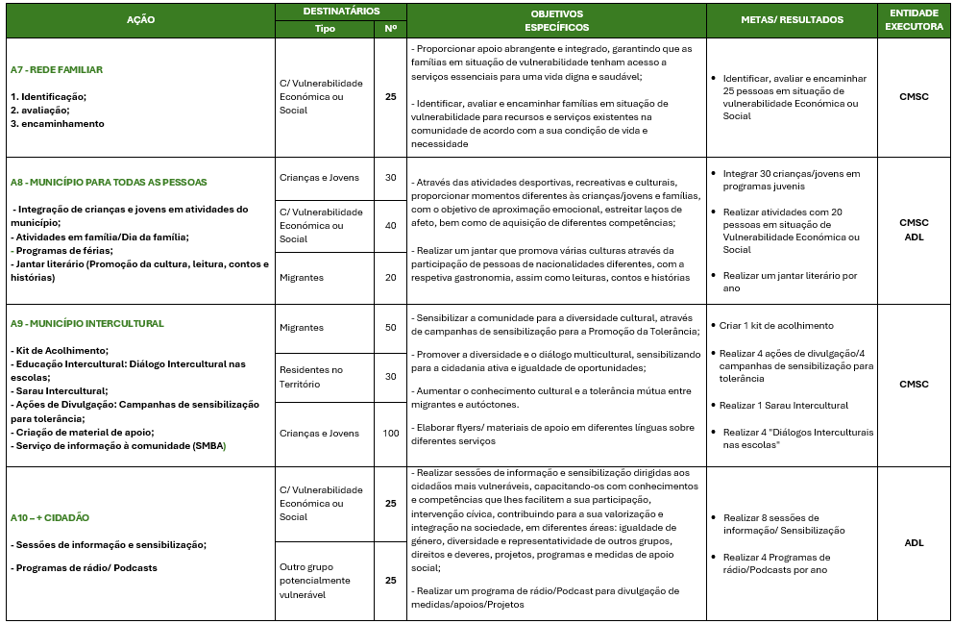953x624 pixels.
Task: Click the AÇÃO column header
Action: click(x=140, y=19)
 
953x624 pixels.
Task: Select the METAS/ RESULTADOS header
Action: click(x=792, y=19)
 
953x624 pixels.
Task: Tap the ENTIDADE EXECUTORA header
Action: click(x=914, y=19)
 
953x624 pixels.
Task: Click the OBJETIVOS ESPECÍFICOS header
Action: click(x=557, y=19)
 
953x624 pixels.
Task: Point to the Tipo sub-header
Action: click(x=325, y=28)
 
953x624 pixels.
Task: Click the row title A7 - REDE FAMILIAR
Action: click(x=57, y=70)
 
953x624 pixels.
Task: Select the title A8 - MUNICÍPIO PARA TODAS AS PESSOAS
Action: click(x=109, y=182)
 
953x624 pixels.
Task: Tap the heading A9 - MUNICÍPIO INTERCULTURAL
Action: click(x=87, y=324)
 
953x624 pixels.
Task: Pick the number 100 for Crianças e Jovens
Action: click(x=390, y=434)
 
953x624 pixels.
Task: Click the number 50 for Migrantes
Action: click(x=390, y=328)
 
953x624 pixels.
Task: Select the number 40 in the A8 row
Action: click(x=390, y=225)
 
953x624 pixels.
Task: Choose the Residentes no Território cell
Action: click(x=310, y=376)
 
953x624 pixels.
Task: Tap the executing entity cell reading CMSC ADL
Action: click(x=914, y=230)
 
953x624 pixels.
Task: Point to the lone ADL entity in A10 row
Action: click(x=914, y=542)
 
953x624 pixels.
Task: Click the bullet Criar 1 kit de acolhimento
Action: click(x=778, y=326)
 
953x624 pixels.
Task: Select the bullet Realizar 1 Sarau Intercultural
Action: click(x=785, y=406)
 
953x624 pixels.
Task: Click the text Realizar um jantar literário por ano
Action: click(x=790, y=282)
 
